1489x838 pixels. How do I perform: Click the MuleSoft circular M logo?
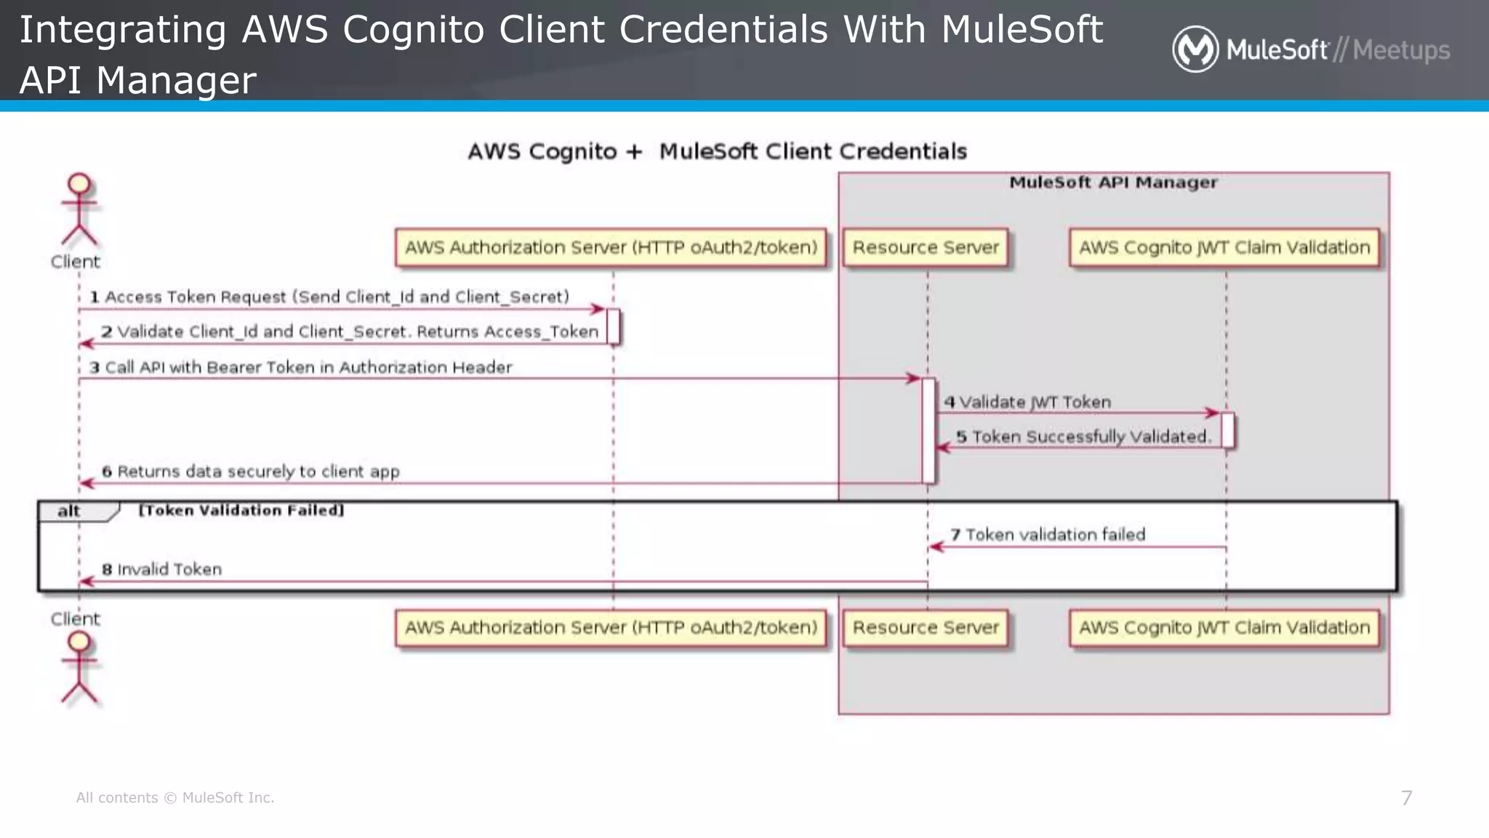pyautogui.click(x=1195, y=49)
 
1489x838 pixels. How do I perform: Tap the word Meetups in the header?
pyautogui.click(x=1401, y=50)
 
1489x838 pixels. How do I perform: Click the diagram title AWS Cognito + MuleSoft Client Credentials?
pyautogui.click(x=717, y=151)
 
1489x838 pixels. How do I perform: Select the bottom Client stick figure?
pyautogui.click(x=79, y=667)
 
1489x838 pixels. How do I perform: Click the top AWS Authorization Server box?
pyautogui.click(x=611, y=248)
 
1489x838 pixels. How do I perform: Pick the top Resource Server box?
pyautogui.click(x=926, y=248)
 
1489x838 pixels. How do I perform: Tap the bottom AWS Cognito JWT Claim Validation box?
pyautogui.click(x=1224, y=628)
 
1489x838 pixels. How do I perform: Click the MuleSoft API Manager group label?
pyautogui.click(x=1112, y=183)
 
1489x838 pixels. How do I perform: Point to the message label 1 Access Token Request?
pyautogui.click(x=329, y=297)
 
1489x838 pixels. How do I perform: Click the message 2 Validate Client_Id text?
pyautogui.click(x=350, y=332)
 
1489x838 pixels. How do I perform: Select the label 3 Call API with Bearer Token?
pyautogui.click(x=301, y=367)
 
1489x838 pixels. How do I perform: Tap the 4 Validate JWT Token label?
pyautogui.click(x=1027, y=402)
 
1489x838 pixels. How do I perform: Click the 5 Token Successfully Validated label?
pyautogui.click(x=1083, y=436)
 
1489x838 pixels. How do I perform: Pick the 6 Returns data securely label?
pyautogui.click(x=251, y=471)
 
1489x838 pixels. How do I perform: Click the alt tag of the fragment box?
pyautogui.click(x=70, y=511)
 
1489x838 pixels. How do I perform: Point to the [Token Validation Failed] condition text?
pyautogui.click(x=241, y=511)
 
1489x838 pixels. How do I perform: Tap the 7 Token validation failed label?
pyautogui.click(x=1048, y=535)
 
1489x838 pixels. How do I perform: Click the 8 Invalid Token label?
pyautogui.click(x=161, y=570)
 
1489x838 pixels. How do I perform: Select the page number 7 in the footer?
pyautogui.click(x=1406, y=798)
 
